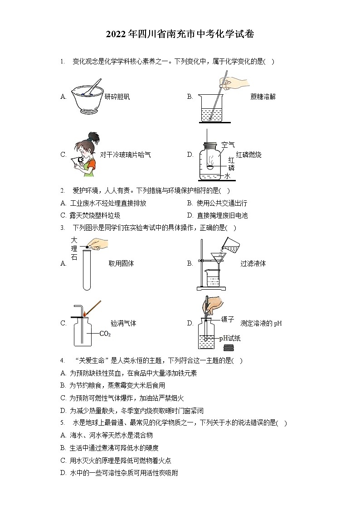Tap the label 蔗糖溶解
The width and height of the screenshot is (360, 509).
[263, 97]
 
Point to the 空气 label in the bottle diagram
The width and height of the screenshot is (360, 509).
[228, 145]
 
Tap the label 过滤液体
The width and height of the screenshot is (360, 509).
[253, 263]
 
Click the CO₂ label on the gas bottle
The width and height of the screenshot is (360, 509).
[105, 334]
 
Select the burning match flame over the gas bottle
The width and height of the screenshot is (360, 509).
[84, 313]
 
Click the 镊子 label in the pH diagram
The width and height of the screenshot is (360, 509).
[228, 320]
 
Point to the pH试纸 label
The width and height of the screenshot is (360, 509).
[230, 338]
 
